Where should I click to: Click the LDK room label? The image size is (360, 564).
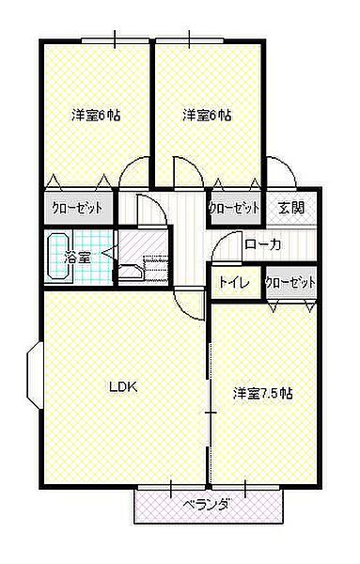(x=123, y=387)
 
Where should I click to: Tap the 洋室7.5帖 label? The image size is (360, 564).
(x=262, y=393)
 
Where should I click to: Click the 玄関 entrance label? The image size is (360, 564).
(x=291, y=207)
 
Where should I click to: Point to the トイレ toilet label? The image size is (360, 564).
(x=234, y=282)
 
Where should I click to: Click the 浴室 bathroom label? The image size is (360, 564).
(x=77, y=257)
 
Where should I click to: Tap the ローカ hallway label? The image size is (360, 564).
(x=262, y=245)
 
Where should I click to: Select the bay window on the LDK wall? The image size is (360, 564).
(x=35, y=374)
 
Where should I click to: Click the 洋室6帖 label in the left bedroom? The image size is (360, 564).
(x=96, y=115)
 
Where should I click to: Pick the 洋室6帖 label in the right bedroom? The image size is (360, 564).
(x=207, y=115)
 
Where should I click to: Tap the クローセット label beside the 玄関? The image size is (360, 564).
(x=234, y=208)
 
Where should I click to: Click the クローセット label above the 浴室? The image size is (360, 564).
(x=77, y=208)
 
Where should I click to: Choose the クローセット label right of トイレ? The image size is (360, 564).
(x=290, y=282)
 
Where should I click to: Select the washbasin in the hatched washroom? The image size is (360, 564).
(x=130, y=272)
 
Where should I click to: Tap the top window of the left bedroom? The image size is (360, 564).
(x=115, y=40)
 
